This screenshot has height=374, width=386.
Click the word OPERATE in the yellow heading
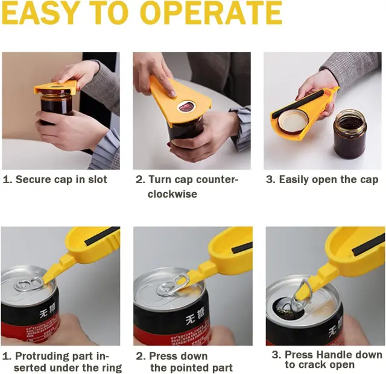[212, 12]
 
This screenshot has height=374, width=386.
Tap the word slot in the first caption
[97, 179]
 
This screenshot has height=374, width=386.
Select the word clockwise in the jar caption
[172, 194]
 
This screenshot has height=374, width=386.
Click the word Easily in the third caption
[294, 179]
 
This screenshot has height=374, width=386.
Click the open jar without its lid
[350, 134]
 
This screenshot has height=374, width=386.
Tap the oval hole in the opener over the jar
[186, 106]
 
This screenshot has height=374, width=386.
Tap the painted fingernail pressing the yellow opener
[173, 94]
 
